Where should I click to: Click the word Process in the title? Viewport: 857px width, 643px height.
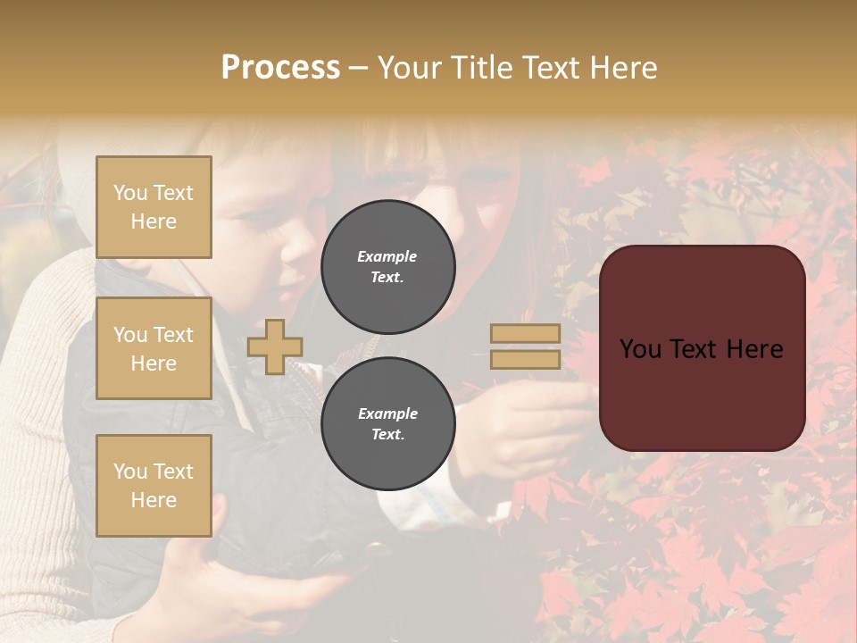tap(280, 68)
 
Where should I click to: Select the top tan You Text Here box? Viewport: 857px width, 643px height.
tap(154, 207)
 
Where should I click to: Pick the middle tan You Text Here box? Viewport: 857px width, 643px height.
tap(154, 348)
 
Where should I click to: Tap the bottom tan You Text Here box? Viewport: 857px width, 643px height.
tap(154, 486)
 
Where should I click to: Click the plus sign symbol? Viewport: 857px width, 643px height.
tap(275, 347)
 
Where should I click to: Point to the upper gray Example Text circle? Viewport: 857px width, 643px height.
tap(387, 266)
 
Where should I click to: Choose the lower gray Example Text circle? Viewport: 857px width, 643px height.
tap(387, 423)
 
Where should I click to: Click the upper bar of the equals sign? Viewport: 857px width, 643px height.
tap(525, 334)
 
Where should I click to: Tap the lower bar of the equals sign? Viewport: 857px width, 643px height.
tap(525, 359)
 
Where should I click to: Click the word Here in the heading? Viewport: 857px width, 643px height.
tap(624, 68)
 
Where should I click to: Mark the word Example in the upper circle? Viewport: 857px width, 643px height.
tap(387, 256)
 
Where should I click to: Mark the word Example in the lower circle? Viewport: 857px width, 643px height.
tap(387, 413)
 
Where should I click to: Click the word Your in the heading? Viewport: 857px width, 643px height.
tap(406, 68)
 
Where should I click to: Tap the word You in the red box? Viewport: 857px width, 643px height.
tap(640, 349)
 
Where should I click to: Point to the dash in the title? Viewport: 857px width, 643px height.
tap(358, 68)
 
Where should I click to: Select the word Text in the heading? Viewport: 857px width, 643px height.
tap(552, 68)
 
